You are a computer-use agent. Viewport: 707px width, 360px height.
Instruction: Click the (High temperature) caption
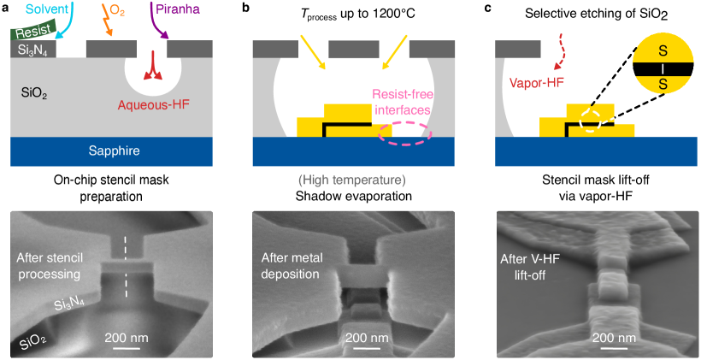[x=352, y=180]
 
